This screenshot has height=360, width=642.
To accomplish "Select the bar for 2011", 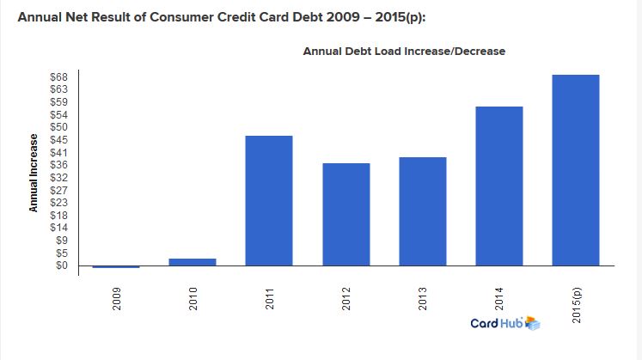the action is (269, 200).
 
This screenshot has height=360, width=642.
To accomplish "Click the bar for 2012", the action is (346, 214).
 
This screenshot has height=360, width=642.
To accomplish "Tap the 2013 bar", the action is (423, 211).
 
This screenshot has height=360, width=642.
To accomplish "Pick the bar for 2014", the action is (499, 186).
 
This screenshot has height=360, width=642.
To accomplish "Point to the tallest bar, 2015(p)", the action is (576, 170).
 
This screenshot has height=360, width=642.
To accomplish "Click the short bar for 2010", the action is (193, 262).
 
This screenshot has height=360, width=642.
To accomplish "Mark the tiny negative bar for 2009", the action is (116, 266).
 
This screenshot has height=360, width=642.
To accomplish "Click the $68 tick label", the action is (59, 77).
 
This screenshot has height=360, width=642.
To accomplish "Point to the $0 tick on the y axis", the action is (62, 265).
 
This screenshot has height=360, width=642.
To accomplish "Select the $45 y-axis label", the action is (59, 140).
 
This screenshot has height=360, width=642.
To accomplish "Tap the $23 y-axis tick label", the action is (59, 203).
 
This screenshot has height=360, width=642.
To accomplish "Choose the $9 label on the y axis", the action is (62, 240).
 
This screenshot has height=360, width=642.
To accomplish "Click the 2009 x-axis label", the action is (117, 299).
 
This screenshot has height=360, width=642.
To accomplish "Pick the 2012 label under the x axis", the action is (346, 299).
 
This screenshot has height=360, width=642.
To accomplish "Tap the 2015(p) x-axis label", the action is (577, 305).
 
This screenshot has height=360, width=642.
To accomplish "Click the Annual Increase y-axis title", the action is (34, 173).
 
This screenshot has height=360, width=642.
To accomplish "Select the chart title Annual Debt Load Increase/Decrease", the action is (404, 52).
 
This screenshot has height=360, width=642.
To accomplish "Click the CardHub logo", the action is (505, 323).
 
